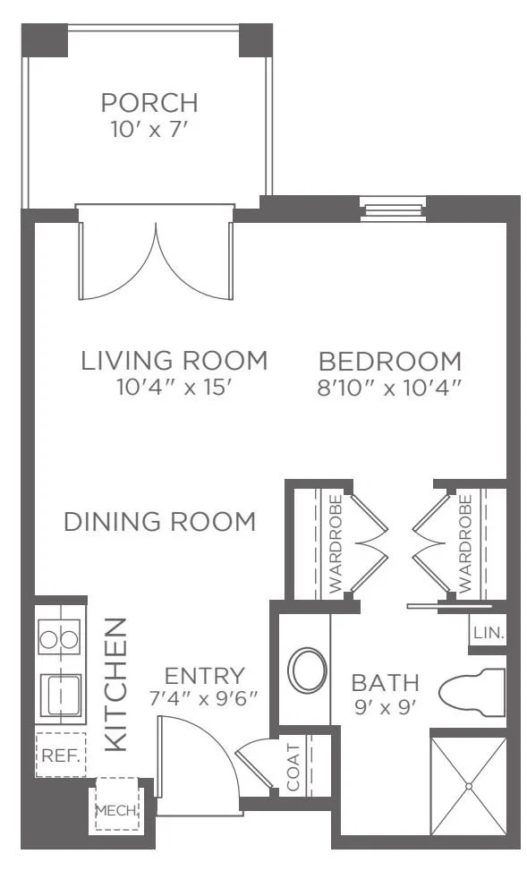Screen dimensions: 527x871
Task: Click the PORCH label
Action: tap(149, 103)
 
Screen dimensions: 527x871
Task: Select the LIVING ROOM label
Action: tap(174, 361)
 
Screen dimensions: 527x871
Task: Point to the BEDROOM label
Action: tap(390, 362)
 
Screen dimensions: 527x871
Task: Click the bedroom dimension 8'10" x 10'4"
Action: tap(390, 389)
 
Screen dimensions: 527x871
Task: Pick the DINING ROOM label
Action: tap(160, 522)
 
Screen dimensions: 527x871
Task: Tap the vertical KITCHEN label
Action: tap(115, 684)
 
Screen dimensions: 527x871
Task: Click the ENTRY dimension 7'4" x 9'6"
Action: tap(204, 697)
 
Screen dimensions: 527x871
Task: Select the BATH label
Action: tap(386, 683)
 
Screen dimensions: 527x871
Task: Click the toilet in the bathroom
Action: tap(472, 693)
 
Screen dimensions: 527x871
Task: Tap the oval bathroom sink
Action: tap(307, 670)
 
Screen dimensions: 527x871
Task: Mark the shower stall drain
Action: tap(469, 786)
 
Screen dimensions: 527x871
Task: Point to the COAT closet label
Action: tap(293, 767)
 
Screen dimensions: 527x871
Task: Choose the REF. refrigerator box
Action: tap(61, 755)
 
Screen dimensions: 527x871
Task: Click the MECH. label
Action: tap(116, 809)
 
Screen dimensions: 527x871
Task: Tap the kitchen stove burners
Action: tap(59, 637)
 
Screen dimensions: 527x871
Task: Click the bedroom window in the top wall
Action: tap(393, 209)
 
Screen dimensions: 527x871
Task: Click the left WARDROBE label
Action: tap(335, 544)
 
